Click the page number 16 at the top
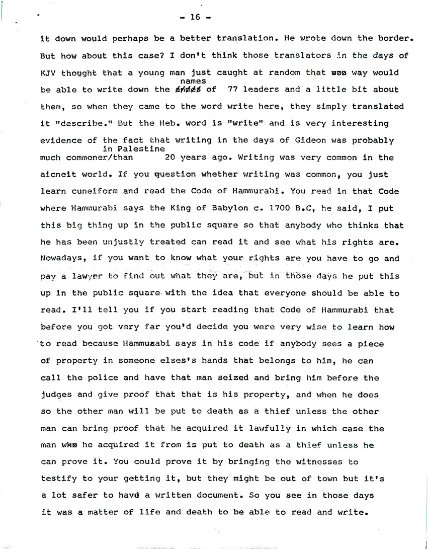click(195, 18)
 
